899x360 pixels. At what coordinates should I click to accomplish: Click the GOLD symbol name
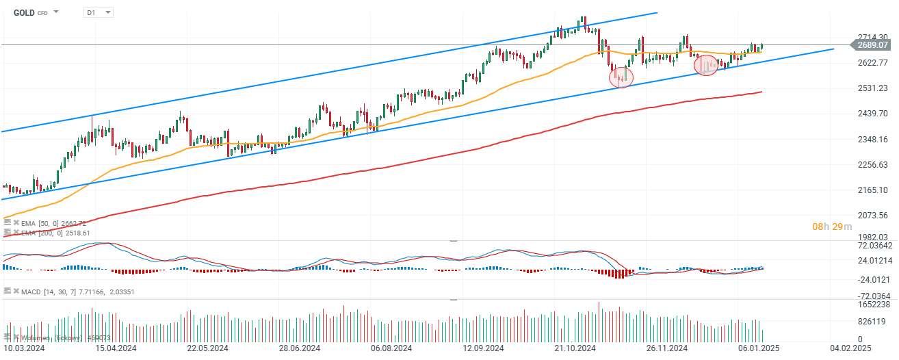tap(24, 12)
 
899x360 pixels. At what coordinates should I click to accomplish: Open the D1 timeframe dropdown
tap(99, 12)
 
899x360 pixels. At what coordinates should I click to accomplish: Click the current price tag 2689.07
tap(872, 45)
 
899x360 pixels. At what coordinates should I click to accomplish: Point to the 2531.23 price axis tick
tap(873, 88)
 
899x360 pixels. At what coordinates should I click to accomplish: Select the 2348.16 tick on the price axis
tap(873, 139)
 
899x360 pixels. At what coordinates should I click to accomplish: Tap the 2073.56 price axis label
tap(873, 215)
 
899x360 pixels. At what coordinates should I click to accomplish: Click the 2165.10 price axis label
tap(873, 190)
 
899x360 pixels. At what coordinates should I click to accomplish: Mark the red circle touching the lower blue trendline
tap(621, 76)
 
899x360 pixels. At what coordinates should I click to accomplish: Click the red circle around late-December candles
tap(706, 66)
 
